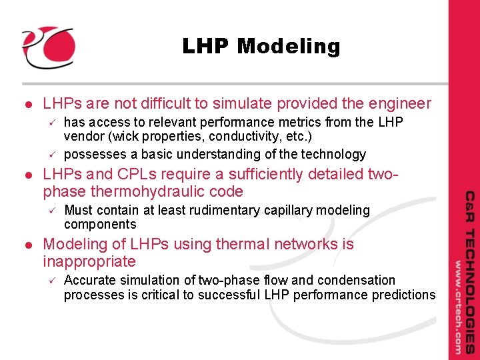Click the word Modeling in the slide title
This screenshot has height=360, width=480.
coord(288,47)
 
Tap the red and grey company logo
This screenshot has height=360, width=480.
coord(48,47)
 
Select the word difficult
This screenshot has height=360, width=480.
coord(189,104)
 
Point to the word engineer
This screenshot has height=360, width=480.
coord(397,104)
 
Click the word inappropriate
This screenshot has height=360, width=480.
coord(89,261)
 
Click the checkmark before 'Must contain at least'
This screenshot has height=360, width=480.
coord(50,210)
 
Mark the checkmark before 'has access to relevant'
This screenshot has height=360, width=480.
coord(50,122)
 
